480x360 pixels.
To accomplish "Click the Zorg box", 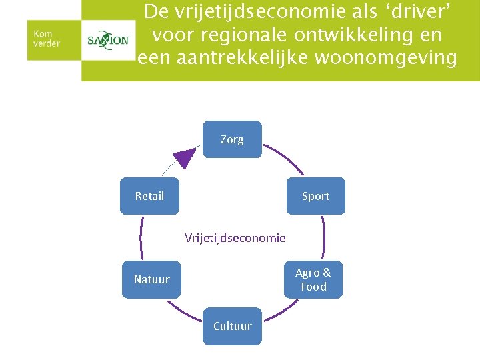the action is pos(232,139).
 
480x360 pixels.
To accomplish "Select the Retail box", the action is pos(149,196).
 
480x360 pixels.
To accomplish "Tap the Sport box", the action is pos(315,196).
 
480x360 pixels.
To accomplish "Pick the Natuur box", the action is pos(151,279).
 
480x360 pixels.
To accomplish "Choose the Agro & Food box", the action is pos(313,279).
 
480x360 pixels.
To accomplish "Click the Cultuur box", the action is pos(232,326).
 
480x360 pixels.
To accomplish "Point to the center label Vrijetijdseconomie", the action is pos(235,238).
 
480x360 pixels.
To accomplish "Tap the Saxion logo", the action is pos(108,40).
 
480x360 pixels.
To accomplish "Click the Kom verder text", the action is pos(47,38).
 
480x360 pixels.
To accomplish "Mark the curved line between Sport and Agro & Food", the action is pos(323,237).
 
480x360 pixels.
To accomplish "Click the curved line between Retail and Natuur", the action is pos(141,237).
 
